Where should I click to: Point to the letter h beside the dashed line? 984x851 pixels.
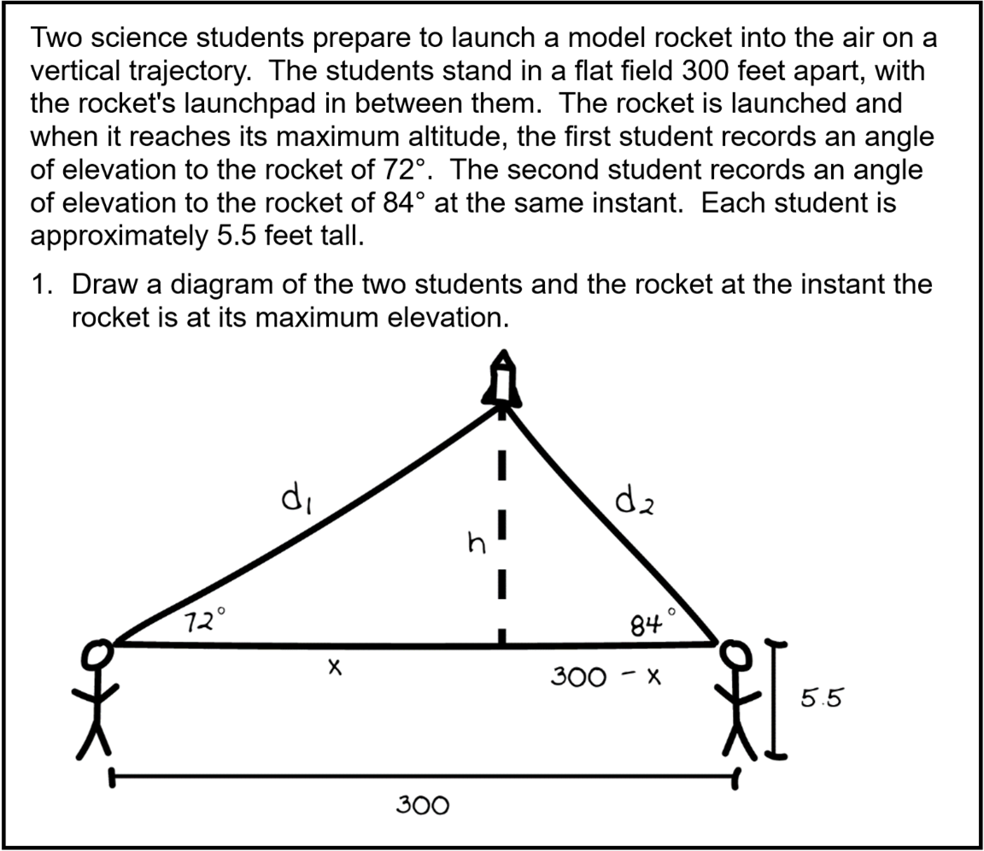[x=472, y=543]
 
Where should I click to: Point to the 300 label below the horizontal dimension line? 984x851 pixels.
[x=422, y=805]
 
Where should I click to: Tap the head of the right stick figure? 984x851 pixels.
[x=733, y=654]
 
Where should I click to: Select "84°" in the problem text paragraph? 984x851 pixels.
[x=401, y=202]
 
